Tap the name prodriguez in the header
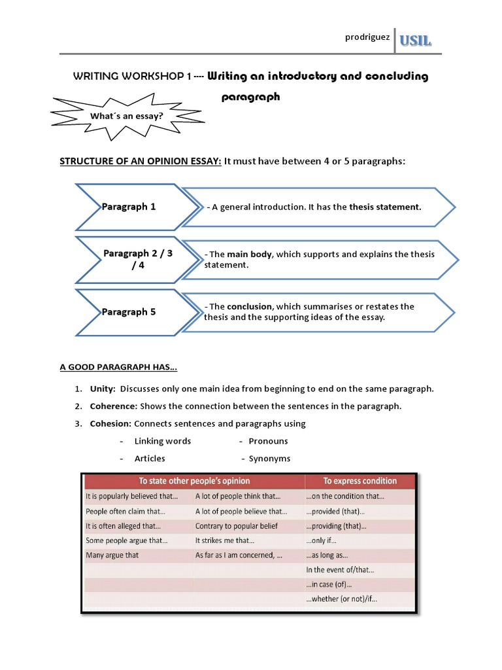point(367,37)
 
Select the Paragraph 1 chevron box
point(129,207)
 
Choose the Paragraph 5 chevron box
point(129,312)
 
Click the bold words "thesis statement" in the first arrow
point(385,207)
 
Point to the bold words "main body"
point(250,254)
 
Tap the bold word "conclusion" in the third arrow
point(250,306)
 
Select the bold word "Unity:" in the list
point(101,389)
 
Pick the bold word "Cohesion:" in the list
point(109,424)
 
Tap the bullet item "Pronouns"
point(268,441)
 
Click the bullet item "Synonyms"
point(269,459)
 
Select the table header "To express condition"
point(360,481)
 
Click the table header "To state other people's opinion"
point(194,481)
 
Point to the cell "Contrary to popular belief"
point(236,526)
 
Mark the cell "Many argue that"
point(112,555)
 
